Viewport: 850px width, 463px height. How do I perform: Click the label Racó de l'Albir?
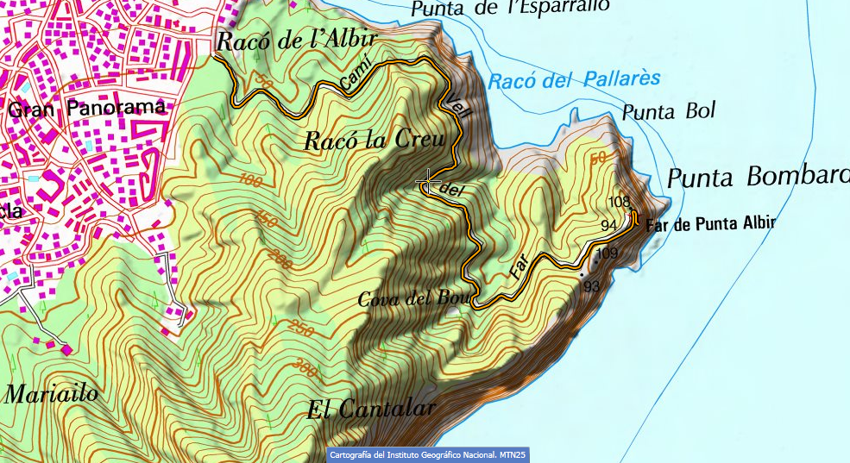(x=297, y=41)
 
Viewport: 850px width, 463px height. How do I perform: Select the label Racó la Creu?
(x=374, y=140)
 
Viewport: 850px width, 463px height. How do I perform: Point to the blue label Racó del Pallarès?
(x=573, y=81)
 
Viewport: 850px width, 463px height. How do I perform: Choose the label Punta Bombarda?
(x=758, y=178)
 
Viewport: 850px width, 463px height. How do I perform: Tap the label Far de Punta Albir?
(x=722, y=222)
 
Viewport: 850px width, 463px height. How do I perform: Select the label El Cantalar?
(x=371, y=409)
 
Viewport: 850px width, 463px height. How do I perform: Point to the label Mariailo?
(x=52, y=395)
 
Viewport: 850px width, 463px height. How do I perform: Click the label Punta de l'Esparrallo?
(x=510, y=9)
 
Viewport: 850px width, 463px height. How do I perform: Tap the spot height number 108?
(x=619, y=202)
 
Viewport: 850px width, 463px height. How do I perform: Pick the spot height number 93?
(x=592, y=286)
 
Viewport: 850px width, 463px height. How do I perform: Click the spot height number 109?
(x=607, y=253)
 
